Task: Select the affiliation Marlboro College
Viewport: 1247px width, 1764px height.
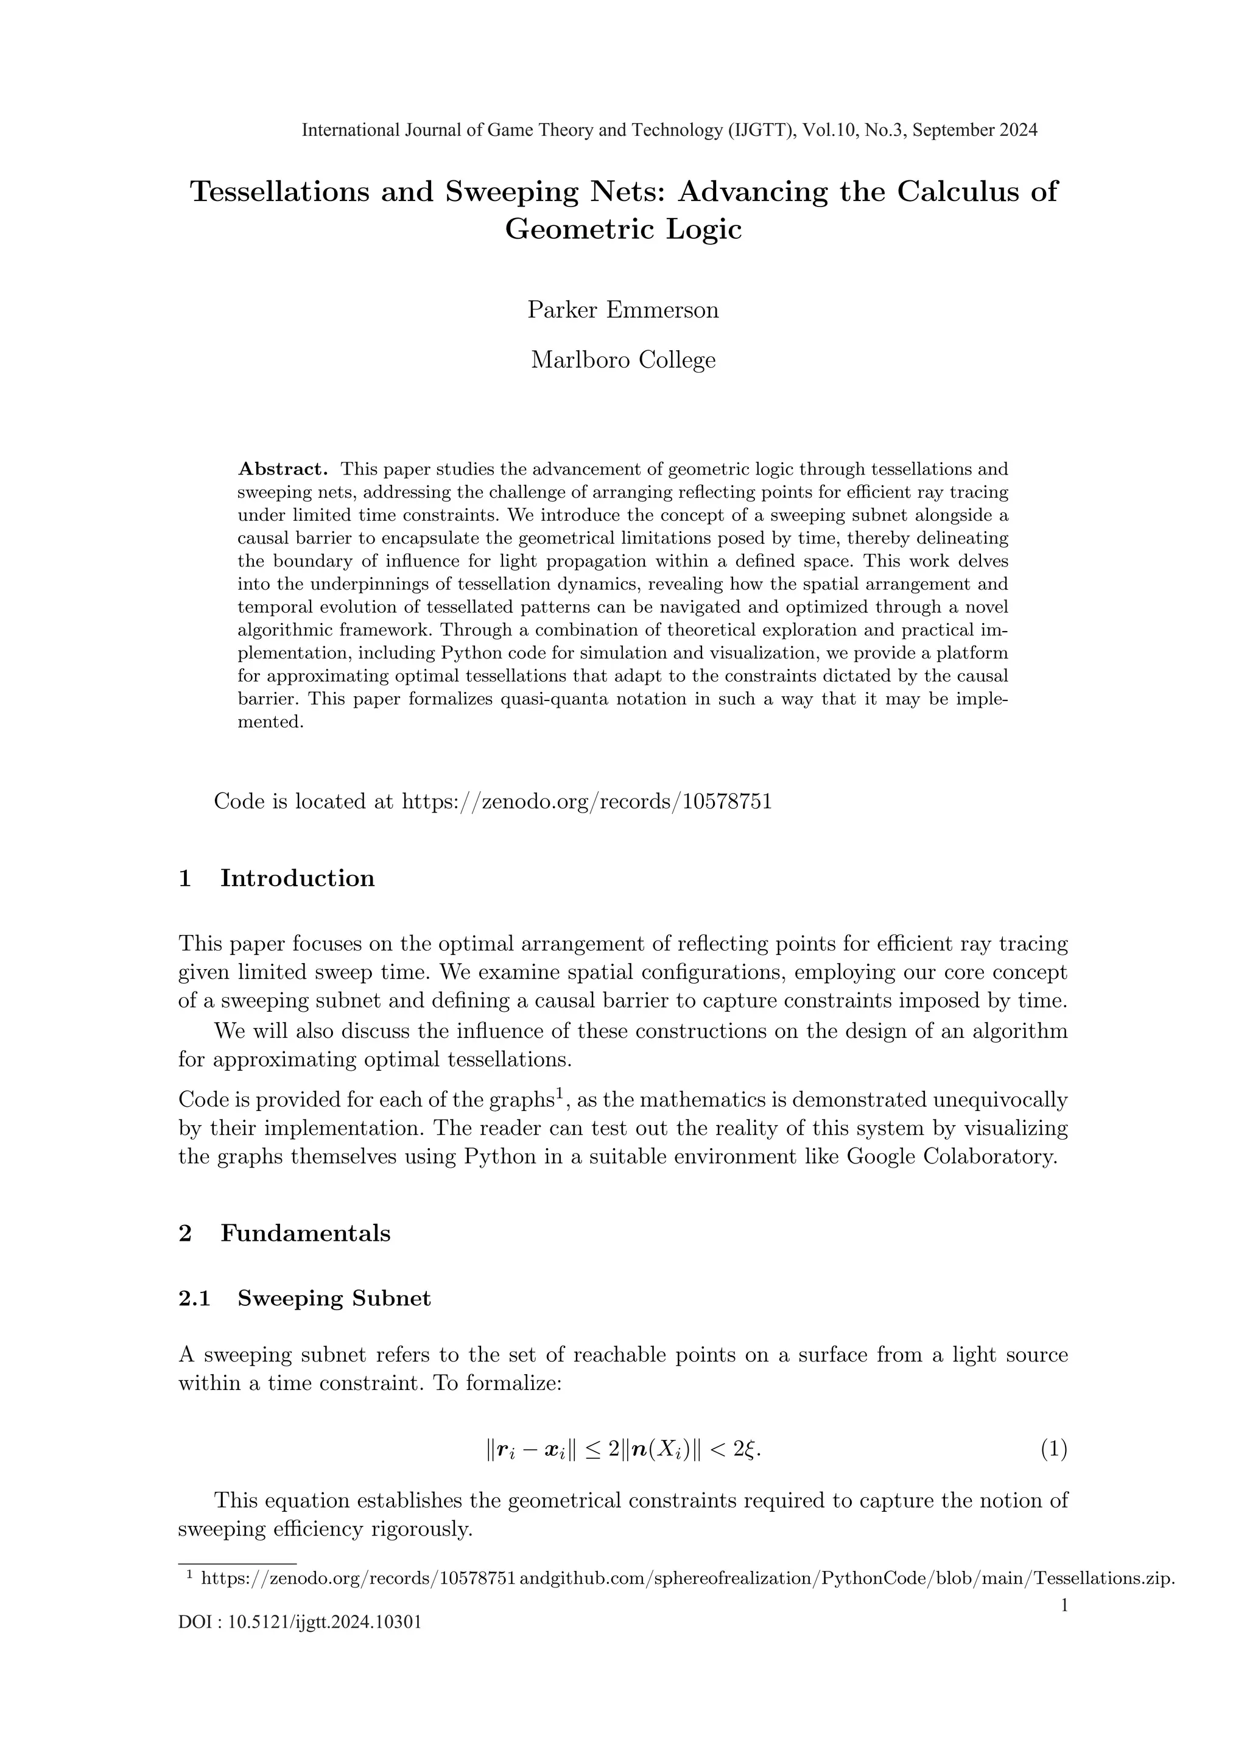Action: coord(623,359)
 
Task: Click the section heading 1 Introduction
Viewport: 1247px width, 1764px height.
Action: coord(276,878)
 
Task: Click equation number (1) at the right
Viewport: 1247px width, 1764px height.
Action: coord(1053,1450)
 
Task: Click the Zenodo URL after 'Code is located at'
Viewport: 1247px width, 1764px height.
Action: coord(586,802)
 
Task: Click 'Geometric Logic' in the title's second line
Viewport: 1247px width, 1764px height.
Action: coord(623,229)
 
